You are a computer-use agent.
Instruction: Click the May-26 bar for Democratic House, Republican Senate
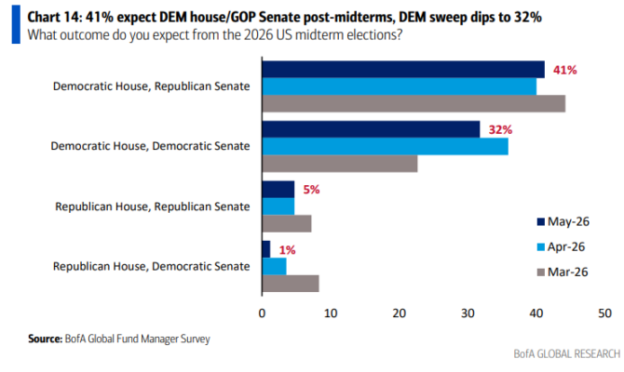(x=403, y=69)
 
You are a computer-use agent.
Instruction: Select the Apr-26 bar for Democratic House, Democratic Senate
(x=386, y=146)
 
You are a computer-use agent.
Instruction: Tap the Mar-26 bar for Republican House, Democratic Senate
(x=291, y=284)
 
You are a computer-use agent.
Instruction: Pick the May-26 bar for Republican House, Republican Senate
(x=278, y=189)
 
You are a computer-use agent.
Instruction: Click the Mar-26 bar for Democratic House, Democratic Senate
(x=340, y=164)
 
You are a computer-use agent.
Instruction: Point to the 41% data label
(x=564, y=71)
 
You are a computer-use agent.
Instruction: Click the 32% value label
(x=500, y=130)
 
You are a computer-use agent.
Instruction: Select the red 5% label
(x=311, y=190)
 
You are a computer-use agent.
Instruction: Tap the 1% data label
(x=287, y=250)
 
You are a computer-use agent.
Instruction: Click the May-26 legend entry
(x=563, y=221)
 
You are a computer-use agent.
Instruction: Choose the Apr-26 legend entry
(x=561, y=246)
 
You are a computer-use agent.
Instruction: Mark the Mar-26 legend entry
(x=563, y=272)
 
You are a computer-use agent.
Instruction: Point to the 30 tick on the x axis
(x=468, y=313)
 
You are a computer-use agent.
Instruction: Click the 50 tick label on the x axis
(x=604, y=313)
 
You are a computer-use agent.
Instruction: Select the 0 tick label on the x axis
(x=262, y=313)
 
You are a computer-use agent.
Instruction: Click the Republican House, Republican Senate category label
(x=153, y=206)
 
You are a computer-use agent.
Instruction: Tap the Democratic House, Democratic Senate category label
(x=151, y=146)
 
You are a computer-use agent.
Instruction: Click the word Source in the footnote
(x=45, y=339)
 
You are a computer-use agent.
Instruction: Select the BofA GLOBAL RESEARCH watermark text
(x=566, y=353)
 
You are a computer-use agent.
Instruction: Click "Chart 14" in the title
(x=54, y=17)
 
